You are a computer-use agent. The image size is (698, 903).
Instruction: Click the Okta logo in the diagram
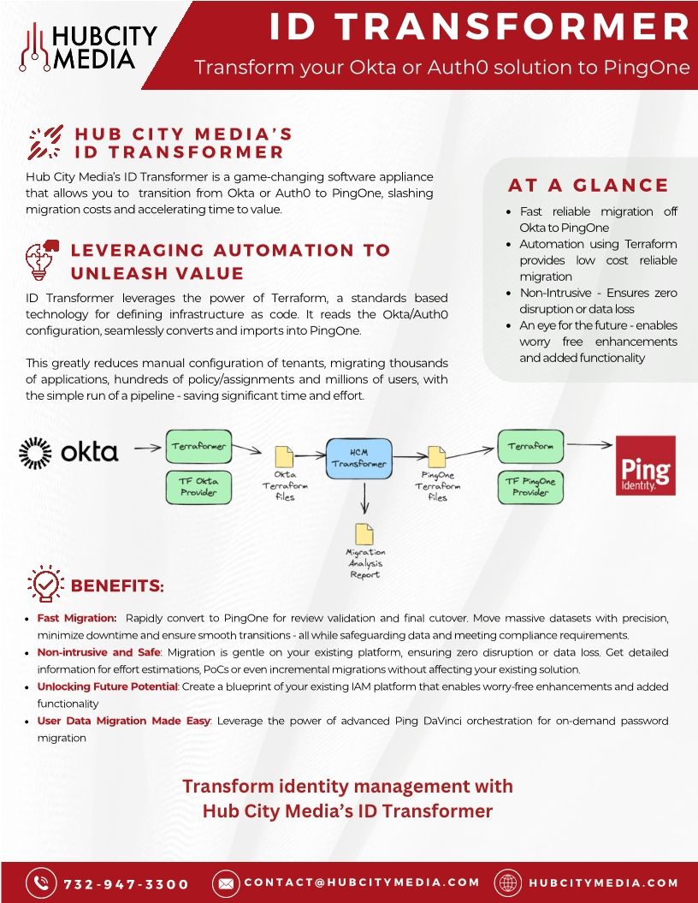[68, 452]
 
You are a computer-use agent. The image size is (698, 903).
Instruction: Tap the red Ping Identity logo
[646, 466]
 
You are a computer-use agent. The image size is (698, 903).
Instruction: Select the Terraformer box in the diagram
[198, 447]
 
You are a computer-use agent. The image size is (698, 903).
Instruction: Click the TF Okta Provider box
[198, 486]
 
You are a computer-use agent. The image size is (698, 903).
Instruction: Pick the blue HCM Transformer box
[359, 458]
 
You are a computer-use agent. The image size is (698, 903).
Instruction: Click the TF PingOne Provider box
[530, 486]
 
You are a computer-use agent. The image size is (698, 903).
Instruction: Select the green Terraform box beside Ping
[530, 446]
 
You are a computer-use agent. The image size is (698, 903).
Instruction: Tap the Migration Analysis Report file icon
[365, 532]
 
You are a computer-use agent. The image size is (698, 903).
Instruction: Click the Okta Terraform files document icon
[284, 457]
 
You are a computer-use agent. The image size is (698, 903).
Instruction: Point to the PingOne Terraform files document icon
[437, 457]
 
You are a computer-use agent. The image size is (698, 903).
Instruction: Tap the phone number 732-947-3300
[126, 883]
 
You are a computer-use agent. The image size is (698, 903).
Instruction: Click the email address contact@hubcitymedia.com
[362, 882]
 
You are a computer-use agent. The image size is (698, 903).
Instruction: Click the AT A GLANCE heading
[589, 186]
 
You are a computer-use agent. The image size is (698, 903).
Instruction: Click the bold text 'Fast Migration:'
[77, 618]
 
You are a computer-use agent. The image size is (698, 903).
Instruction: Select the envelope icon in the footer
[225, 882]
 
